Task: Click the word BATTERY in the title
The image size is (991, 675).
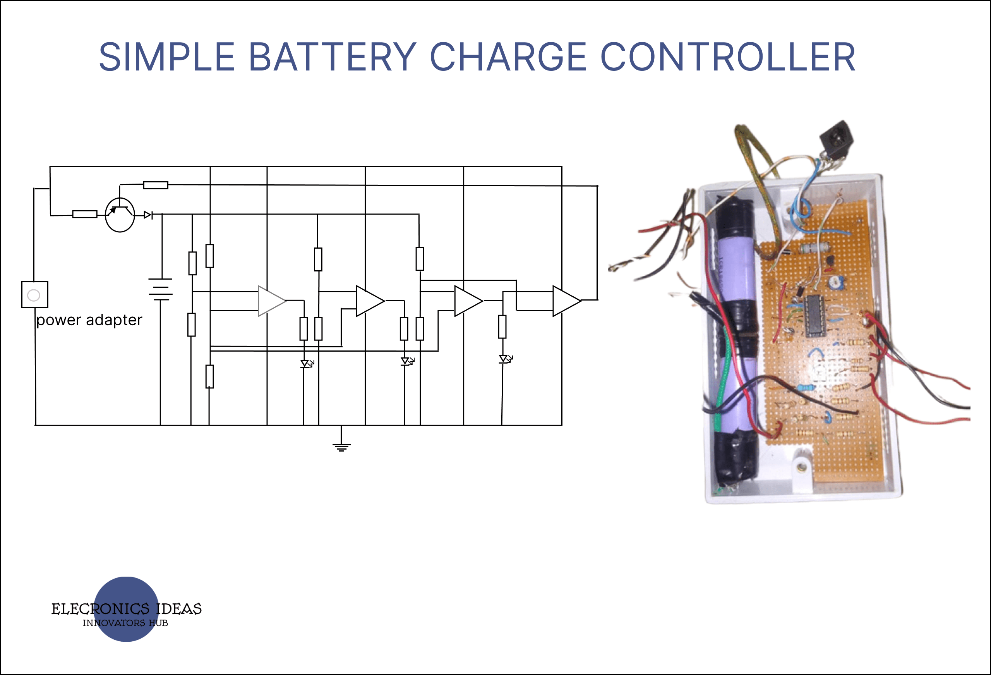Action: pos(332,57)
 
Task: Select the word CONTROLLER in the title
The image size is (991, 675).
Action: pos(727,57)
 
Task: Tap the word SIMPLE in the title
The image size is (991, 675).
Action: pos(167,57)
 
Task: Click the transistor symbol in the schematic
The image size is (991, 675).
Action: pos(120,215)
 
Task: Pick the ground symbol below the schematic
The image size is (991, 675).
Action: pos(341,446)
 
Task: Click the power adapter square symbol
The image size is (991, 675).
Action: pos(34,294)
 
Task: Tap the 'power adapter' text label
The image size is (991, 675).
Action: pos(89,320)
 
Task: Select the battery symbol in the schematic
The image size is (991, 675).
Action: pos(160,289)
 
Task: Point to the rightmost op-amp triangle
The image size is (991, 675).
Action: pos(566,301)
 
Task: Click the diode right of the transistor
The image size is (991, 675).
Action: pos(148,215)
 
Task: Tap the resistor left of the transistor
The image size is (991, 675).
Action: pos(84,214)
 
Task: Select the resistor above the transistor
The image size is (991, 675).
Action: pos(156,185)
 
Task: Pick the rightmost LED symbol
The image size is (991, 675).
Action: pos(504,359)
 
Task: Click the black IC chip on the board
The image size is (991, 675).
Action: pos(815,316)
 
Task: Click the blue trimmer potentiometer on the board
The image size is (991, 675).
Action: pos(836,282)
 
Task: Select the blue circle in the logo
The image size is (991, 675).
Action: pos(126,609)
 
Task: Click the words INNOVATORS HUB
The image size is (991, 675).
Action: pos(125,623)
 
